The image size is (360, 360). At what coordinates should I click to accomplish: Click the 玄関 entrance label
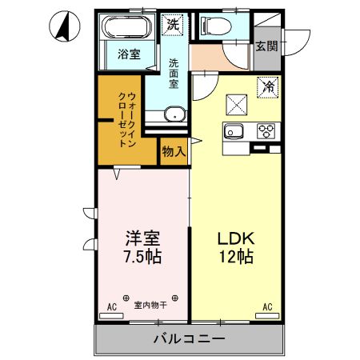point(267,46)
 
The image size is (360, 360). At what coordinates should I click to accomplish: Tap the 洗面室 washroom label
point(174,73)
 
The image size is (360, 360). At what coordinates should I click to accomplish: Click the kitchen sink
point(235,132)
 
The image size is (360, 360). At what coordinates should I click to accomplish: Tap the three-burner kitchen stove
point(266,131)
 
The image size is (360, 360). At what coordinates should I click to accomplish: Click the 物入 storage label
point(174,150)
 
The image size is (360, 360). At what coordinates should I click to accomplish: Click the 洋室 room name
point(143,238)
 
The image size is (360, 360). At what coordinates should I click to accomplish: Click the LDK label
point(235,238)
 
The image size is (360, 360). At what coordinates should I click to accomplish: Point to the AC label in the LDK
point(267,306)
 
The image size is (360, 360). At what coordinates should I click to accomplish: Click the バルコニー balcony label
point(189,339)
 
